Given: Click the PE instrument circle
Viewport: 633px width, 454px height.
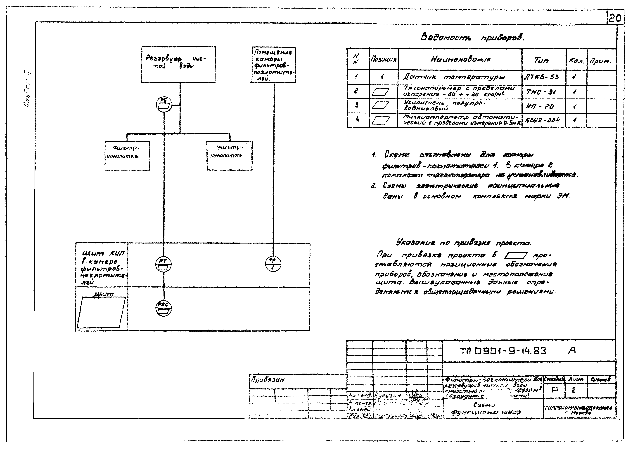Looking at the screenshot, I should (164, 104).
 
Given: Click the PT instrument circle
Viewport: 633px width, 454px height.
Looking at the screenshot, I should (163, 264).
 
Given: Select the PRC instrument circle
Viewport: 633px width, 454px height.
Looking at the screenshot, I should (163, 308).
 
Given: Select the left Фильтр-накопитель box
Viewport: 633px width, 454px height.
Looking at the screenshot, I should (127, 156).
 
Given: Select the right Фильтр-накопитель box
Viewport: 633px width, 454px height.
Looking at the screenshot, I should (229, 156).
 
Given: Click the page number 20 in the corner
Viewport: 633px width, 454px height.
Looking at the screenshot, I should (615, 18).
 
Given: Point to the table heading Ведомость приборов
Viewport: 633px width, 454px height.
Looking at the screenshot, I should (472, 37).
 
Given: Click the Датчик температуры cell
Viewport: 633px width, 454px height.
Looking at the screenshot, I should (454, 77).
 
